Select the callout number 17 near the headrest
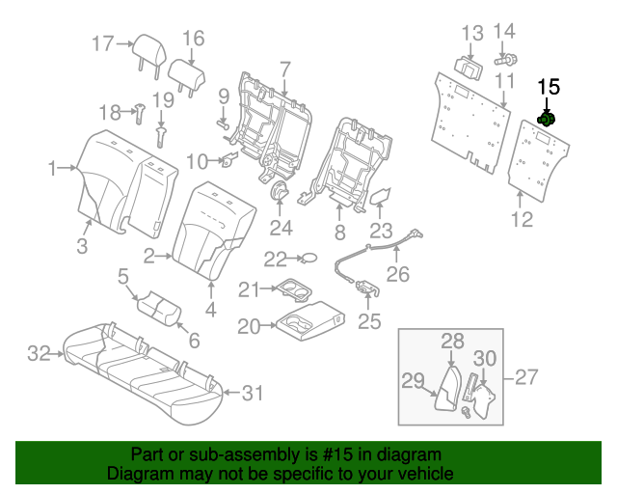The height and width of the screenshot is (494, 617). click(103, 42)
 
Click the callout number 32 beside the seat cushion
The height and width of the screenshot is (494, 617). click(38, 354)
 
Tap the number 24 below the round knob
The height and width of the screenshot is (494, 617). click(281, 228)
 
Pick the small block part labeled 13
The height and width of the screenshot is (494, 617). click(471, 65)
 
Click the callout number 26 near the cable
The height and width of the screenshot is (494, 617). click(397, 274)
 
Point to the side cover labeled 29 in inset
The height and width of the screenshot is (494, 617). click(444, 389)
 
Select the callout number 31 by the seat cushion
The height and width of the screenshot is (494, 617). click(252, 392)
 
